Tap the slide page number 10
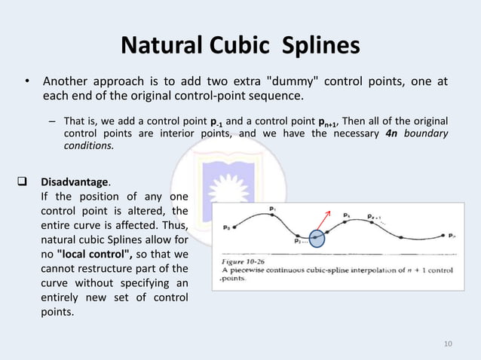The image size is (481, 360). click(x=449, y=344)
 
